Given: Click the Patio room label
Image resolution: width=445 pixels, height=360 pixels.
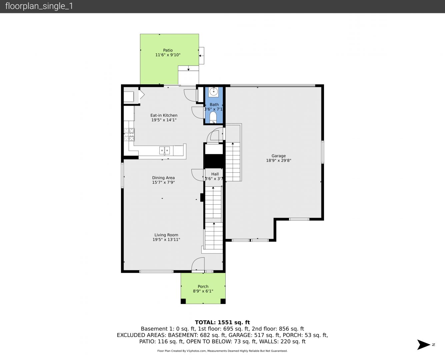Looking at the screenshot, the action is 168,50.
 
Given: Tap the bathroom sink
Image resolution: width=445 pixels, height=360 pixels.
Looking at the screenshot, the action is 214,92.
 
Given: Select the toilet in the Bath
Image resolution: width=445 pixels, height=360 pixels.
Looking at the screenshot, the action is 213,117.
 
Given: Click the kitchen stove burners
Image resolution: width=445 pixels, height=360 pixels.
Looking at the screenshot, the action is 129,135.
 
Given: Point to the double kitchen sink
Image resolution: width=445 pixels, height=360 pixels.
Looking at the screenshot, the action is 164,150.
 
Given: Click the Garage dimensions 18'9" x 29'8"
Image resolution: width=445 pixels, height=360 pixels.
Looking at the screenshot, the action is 278,160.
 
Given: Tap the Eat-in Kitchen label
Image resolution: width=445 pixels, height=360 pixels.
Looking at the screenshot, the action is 164,115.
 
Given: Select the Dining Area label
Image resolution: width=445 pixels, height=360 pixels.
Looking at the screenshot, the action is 163,178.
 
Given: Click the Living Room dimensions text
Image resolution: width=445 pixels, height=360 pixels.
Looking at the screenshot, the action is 166,240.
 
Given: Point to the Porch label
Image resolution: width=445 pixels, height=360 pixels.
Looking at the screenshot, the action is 203,286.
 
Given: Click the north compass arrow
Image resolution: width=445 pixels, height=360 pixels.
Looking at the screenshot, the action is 424,345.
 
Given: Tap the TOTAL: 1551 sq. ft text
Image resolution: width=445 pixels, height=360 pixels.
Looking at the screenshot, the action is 222,322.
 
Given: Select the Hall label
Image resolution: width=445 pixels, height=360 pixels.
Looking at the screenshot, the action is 215,174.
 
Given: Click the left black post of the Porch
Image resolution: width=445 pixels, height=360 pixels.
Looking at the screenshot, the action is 183,301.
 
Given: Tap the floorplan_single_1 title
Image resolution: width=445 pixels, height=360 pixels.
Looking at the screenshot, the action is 39,6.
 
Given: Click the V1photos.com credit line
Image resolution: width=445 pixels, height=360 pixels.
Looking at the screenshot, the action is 222,351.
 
